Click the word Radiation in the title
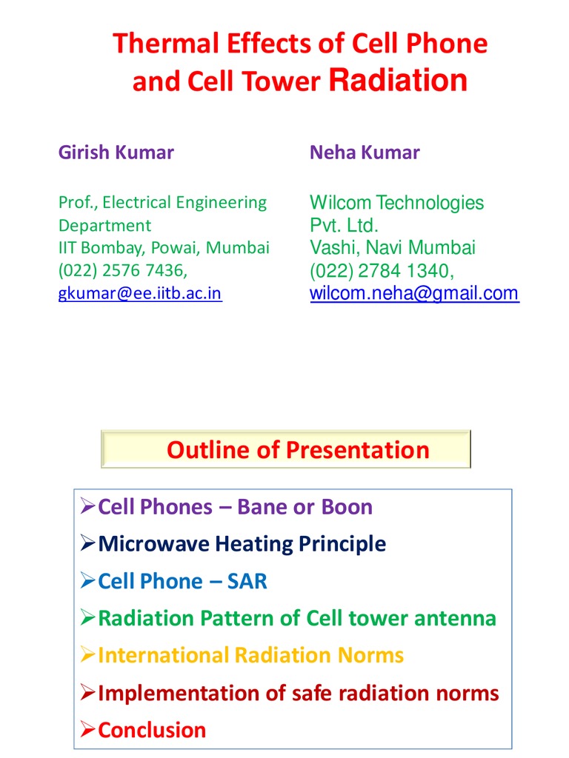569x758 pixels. pos(398,81)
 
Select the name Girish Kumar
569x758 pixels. pos(116,152)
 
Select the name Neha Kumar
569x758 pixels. pos(365,152)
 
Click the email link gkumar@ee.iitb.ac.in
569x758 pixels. pos(140,293)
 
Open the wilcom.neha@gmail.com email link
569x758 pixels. pos(414,293)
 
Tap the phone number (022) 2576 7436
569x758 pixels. pos(122,270)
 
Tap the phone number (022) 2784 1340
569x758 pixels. pos(381,270)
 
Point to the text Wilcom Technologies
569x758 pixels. pos(396,203)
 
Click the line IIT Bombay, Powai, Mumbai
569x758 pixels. pos(164,247)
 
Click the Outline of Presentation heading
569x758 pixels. pos(297,449)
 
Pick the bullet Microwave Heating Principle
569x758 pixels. pos(242,544)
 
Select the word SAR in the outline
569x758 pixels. pos(247,581)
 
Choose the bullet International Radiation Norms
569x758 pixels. pos(250,655)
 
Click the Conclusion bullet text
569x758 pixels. pos(152,730)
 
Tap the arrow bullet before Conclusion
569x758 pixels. pos(87,730)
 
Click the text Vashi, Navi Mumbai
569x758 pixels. pos(393,247)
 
